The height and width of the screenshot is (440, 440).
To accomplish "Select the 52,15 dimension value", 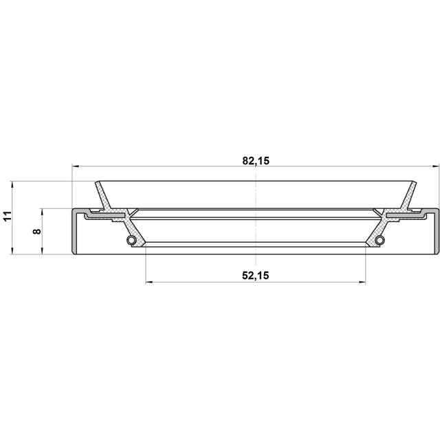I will (x=255, y=275).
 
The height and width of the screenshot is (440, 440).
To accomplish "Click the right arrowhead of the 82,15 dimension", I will (x=433, y=166).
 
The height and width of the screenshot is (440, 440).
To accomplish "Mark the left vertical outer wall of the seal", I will (x=74, y=231).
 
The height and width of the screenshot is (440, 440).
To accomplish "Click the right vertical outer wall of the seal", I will (x=437, y=231).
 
